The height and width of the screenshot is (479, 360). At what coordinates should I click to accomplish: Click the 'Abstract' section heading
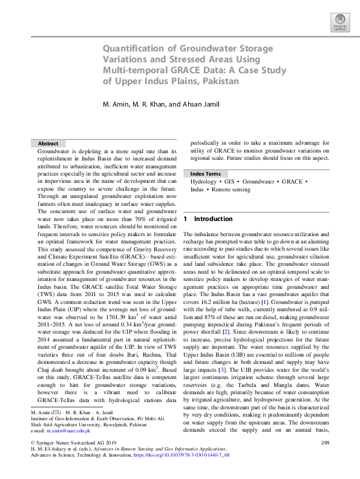point(48,144)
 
